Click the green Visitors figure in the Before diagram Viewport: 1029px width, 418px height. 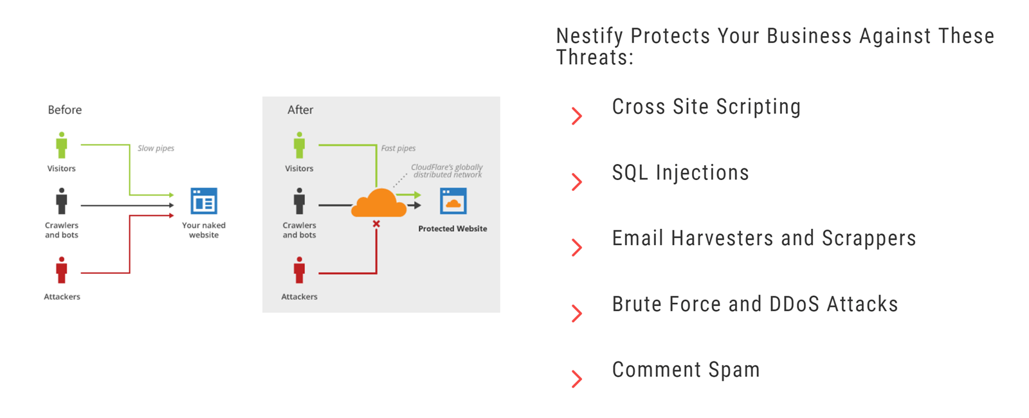(x=62, y=145)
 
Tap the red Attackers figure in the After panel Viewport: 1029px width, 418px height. (x=299, y=270)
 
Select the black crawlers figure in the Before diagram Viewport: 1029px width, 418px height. (x=62, y=201)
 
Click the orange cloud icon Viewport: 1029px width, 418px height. (x=379, y=203)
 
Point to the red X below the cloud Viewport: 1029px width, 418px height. (x=376, y=224)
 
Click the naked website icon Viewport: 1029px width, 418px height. (x=204, y=201)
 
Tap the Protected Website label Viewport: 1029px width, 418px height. (x=452, y=228)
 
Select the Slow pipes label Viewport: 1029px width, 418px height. (x=156, y=148)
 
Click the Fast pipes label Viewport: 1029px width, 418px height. (x=398, y=148)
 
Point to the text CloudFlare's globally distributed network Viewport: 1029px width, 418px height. (x=447, y=170)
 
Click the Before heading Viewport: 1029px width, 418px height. (x=65, y=110)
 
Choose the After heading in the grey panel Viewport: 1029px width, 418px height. (x=300, y=110)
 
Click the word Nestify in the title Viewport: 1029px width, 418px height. (x=589, y=36)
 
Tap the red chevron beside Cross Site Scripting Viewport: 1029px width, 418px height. (x=577, y=116)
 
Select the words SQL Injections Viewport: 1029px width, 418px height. (x=680, y=172)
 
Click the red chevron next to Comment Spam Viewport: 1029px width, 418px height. (x=577, y=379)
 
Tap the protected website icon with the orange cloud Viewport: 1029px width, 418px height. (x=453, y=201)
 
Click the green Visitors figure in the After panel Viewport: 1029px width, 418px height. (x=299, y=145)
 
